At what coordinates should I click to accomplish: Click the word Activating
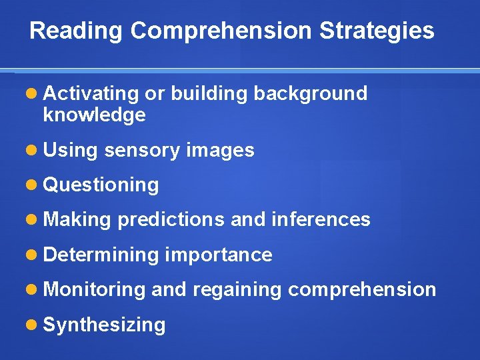point(91,94)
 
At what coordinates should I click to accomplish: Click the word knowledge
point(94,115)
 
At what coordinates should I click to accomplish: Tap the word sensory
point(142,151)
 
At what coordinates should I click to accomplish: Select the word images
point(220,151)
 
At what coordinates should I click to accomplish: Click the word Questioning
point(101,185)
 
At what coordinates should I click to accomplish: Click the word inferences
point(321,219)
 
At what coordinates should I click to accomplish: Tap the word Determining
point(100,255)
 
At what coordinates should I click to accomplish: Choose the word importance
point(218,255)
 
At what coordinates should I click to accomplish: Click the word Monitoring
point(94,289)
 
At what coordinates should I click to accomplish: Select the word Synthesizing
point(104,325)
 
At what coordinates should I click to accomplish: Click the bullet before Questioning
point(32,185)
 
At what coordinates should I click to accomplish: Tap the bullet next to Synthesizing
point(32,325)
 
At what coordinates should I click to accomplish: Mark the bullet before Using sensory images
point(32,150)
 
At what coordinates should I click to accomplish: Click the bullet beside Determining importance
point(32,255)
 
